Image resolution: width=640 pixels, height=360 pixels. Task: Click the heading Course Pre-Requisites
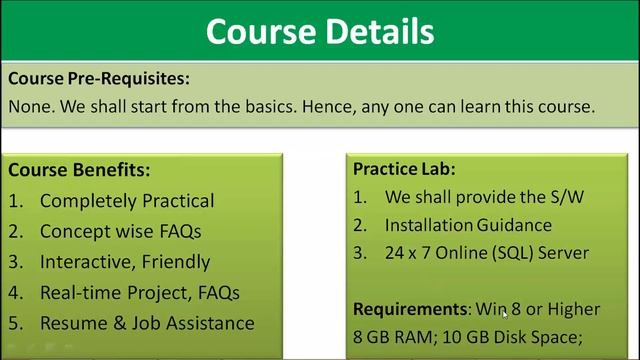point(98,77)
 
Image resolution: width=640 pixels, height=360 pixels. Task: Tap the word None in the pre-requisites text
point(30,105)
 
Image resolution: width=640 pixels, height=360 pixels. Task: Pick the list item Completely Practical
point(127,201)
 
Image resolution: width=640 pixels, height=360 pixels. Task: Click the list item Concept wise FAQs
point(121,232)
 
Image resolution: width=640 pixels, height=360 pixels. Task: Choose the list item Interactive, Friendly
point(125,262)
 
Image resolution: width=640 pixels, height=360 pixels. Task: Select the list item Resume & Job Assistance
point(147,323)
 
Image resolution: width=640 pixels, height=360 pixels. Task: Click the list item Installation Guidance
point(468,225)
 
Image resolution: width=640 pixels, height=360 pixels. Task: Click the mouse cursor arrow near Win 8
point(506,314)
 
